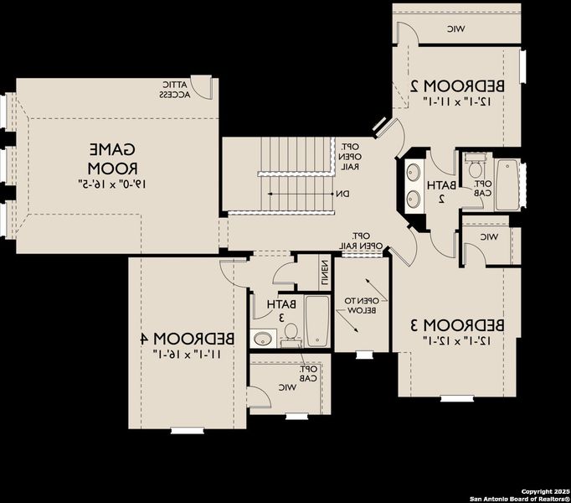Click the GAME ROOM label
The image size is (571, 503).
pos(113,158)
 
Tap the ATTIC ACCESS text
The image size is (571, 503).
pos(175,90)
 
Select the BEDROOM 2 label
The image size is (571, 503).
pos(458,86)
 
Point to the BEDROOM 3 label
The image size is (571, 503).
pos(457,324)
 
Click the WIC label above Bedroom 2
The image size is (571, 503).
pos(455,29)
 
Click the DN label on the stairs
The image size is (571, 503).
pos(342,194)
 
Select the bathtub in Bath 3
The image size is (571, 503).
pos(316,321)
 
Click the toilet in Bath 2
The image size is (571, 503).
pos(475,162)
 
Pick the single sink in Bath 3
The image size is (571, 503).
pos(264,339)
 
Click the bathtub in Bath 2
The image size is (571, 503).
pos(507,184)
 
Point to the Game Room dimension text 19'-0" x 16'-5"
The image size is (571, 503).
pos(113,181)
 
